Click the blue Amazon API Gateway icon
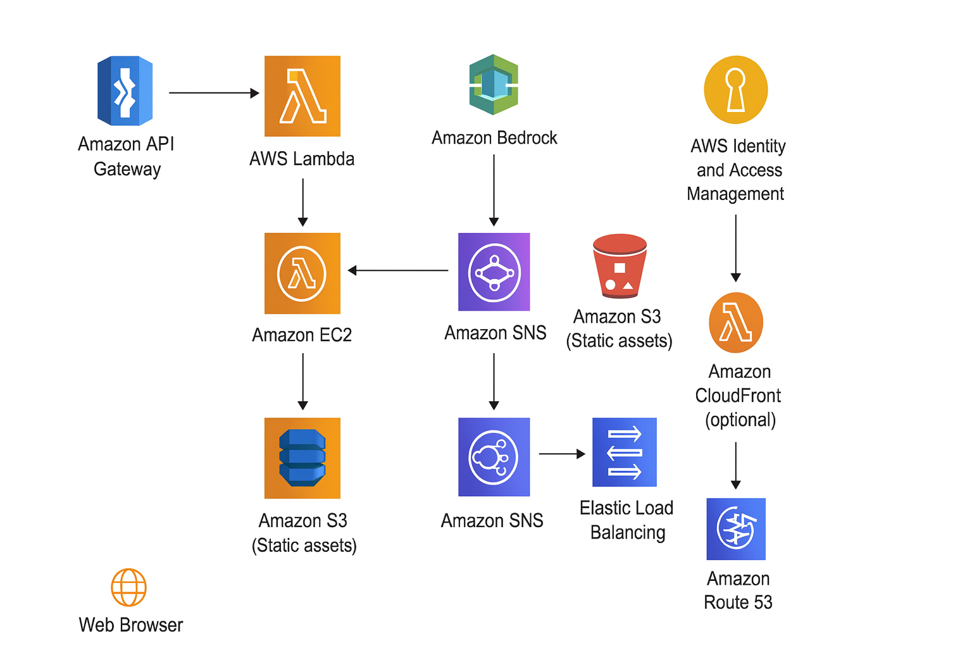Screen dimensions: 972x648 click(x=125, y=90)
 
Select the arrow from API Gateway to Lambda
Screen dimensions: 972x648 click(x=214, y=93)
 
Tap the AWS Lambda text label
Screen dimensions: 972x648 click(x=302, y=159)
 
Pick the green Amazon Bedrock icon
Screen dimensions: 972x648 click(x=494, y=85)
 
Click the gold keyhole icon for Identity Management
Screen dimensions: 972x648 click(x=736, y=90)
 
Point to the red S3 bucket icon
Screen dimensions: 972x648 click(x=620, y=266)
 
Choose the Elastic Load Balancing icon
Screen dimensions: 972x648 click(x=625, y=452)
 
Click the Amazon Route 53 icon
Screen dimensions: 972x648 click(x=736, y=529)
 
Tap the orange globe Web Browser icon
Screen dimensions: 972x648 click(x=129, y=587)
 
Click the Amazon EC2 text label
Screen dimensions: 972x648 click(x=302, y=335)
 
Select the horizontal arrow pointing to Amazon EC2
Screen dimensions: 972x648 click(x=398, y=270)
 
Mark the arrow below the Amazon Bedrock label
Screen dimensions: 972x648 click(x=494, y=190)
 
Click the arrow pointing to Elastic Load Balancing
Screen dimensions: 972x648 click(x=563, y=454)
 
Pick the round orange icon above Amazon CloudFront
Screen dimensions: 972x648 click(x=736, y=323)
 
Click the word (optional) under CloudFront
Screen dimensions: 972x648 click(x=740, y=420)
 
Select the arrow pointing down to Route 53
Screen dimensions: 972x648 click(x=736, y=466)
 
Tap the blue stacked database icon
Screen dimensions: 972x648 click(x=302, y=458)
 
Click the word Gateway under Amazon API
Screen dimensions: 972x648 click(x=127, y=169)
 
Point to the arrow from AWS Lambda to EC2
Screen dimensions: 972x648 click(x=303, y=202)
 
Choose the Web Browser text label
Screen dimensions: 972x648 click(x=130, y=625)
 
